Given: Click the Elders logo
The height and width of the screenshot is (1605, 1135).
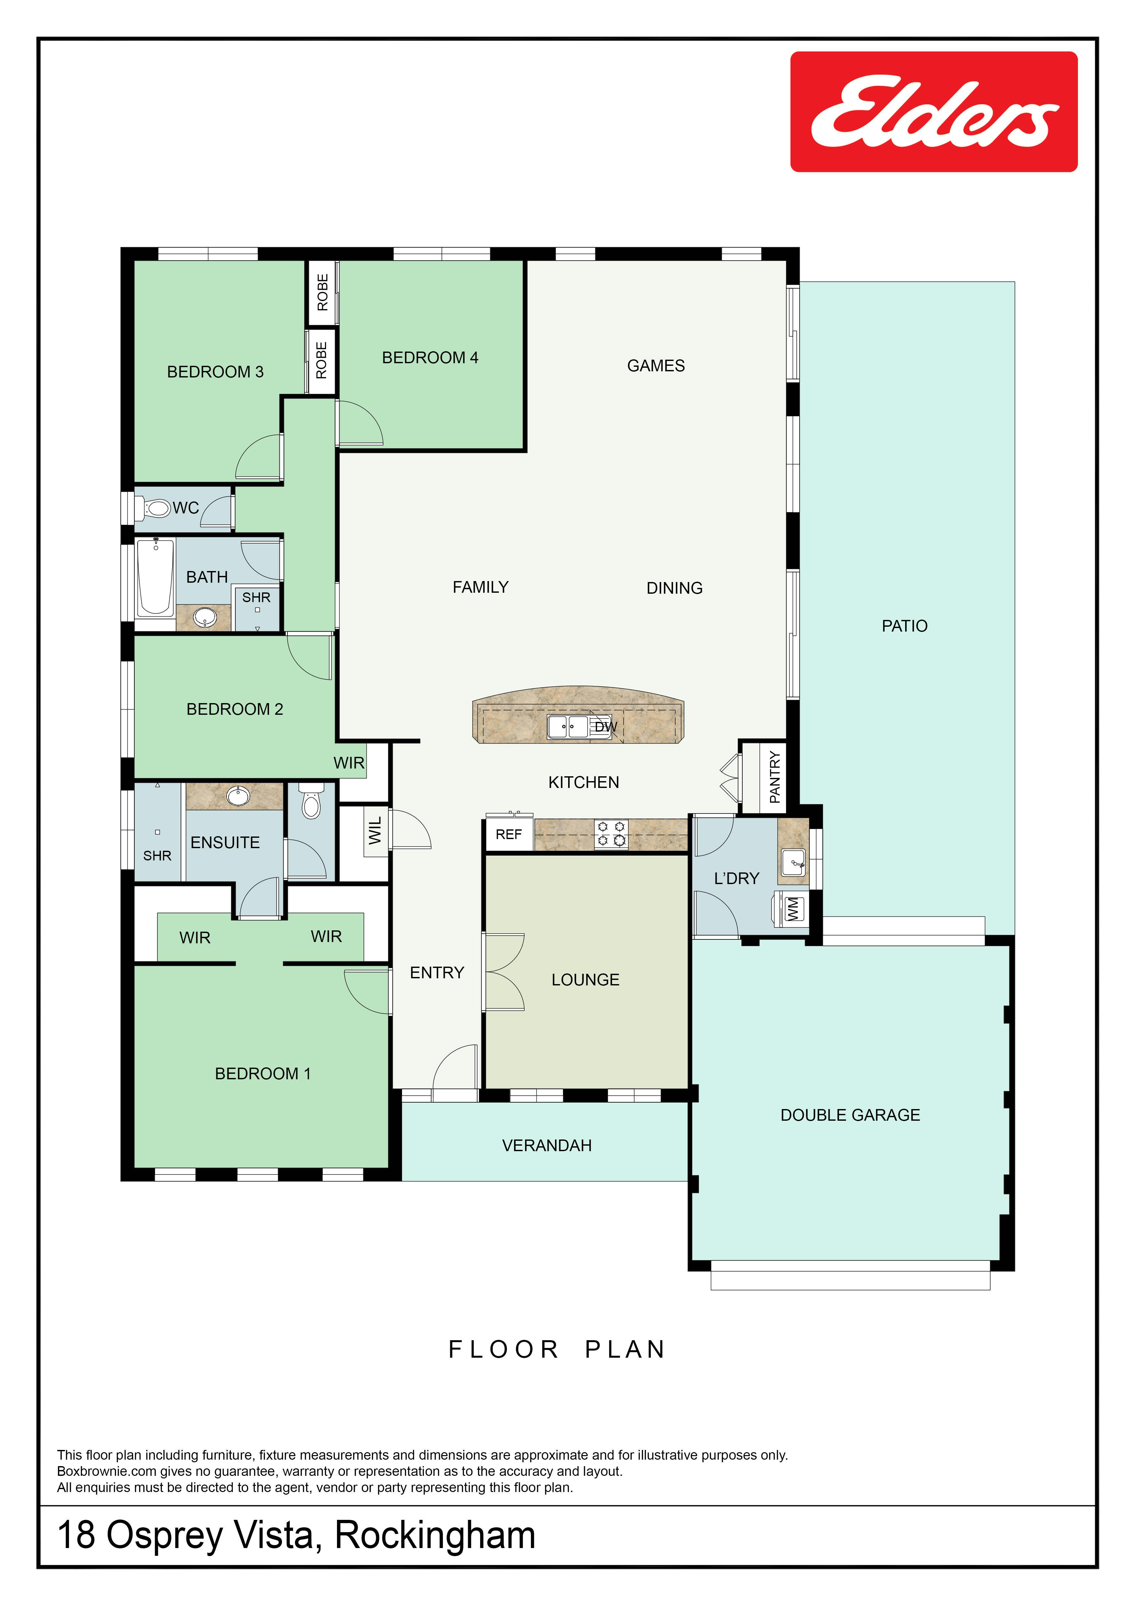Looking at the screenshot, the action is click(934, 112).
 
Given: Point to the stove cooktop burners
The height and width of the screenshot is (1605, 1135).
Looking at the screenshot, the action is click(611, 834).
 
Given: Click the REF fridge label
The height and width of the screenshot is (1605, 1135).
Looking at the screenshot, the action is click(509, 835).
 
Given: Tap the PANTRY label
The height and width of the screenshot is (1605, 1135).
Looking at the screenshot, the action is click(774, 777).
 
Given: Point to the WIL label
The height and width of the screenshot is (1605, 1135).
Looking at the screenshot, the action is click(375, 830).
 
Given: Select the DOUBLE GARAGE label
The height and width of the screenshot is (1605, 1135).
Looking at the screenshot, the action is click(850, 1115).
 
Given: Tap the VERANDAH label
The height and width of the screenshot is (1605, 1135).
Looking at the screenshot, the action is click(546, 1146).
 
